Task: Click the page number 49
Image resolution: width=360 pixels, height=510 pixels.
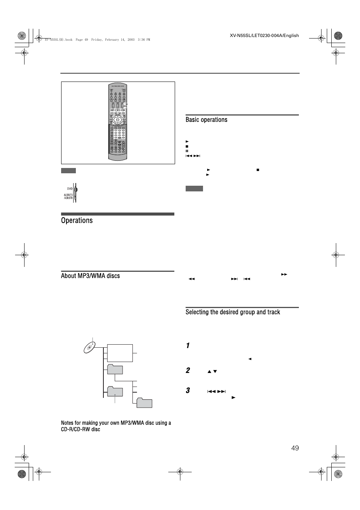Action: pos(295,448)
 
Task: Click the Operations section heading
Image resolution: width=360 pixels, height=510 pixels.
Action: pos(77,220)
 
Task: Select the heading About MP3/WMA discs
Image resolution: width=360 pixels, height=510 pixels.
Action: pos(90,276)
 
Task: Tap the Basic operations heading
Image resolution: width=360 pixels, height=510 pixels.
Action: pos(206,120)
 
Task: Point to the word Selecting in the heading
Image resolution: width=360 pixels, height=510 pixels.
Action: pos(197,312)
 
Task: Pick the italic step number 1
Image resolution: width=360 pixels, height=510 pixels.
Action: pos(188,346)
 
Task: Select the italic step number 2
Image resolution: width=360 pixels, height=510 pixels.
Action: pos(188,370)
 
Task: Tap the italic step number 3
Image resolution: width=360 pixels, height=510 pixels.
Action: pos(188,390)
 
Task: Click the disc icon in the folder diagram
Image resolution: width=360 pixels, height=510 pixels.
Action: pos(90,347)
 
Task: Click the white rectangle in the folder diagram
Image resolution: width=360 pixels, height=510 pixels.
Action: pos(120,353)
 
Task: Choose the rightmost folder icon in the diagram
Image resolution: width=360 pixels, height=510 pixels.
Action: pos(144,403)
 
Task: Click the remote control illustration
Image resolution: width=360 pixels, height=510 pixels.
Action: pos(118,122)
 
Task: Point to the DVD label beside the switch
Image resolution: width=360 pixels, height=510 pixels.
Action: pos(70,188)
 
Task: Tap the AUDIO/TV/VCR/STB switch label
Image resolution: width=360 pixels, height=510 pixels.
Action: pos(68,196)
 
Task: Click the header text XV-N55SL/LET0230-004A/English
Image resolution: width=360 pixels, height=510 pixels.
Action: pos(264,36)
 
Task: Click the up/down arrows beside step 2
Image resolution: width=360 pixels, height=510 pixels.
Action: pos(212,371)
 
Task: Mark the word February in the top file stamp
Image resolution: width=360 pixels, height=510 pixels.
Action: pos(110,40)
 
